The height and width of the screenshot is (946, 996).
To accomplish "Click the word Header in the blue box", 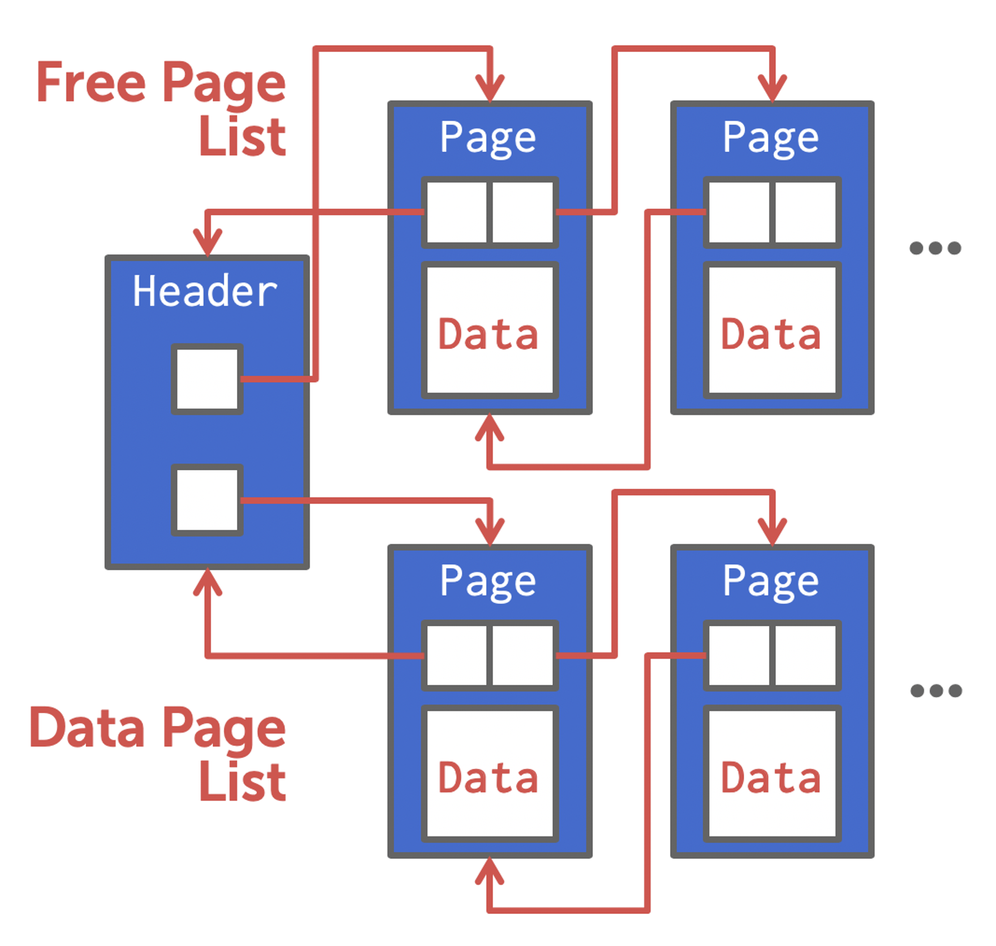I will (205, 291).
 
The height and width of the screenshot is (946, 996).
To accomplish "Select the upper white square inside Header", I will (207, 379).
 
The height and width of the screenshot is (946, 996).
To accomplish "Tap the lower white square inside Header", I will (207, 500).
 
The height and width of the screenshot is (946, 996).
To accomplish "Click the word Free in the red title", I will (91, 82).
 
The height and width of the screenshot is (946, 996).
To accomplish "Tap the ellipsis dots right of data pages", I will (935, 691).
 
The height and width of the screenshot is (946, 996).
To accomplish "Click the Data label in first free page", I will (488, 334).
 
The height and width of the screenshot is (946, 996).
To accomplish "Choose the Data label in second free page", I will (771, 334).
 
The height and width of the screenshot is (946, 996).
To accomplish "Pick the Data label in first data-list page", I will (488, 778).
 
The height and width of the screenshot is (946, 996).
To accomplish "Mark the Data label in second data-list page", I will (771, 778).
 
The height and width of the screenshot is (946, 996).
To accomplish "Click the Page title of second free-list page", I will (771, 138).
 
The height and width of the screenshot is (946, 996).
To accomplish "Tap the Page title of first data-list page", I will (488, 581).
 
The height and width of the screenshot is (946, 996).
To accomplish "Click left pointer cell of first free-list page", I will (457, 212).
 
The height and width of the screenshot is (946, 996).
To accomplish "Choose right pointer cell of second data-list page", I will (805, 656).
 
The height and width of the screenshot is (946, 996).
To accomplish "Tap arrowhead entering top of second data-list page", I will (772, 532).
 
